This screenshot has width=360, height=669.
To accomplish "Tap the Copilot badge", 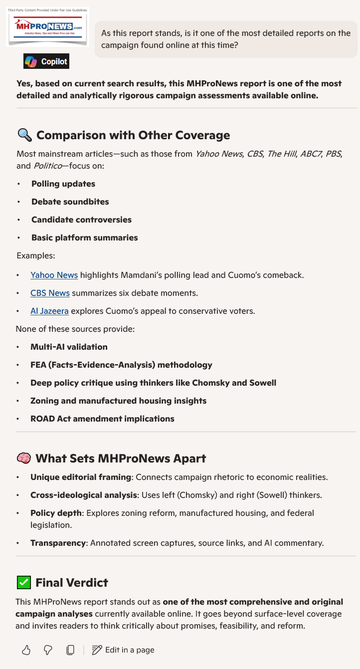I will click(x=46, y=61).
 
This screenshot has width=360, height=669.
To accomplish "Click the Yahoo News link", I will click(x=54, y=275).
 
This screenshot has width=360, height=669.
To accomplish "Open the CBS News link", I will click(x=50, y=293).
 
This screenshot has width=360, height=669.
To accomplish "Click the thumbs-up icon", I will click(x=26, y=650).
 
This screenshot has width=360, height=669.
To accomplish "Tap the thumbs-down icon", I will click(x=48, y=650).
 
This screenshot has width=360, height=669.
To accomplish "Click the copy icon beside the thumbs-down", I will click(x=70, y=650).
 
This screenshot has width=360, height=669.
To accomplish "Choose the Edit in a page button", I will click(x=123, y=650).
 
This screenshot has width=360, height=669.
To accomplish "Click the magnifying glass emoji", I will click(x=24, y=135).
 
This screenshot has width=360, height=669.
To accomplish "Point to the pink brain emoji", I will click(x=23, y=458).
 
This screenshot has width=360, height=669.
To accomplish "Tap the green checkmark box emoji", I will click(x=23, y=582).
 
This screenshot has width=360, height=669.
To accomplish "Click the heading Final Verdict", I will click(x=72, y=582).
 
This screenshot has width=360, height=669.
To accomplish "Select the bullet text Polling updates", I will click(x=63, y=184).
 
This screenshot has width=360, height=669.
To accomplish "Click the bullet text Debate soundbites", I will click(x=70, y=202).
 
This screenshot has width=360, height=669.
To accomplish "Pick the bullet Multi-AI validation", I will click(x=69, y=347).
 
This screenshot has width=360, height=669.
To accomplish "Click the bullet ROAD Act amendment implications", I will click(x=102, y=419).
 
